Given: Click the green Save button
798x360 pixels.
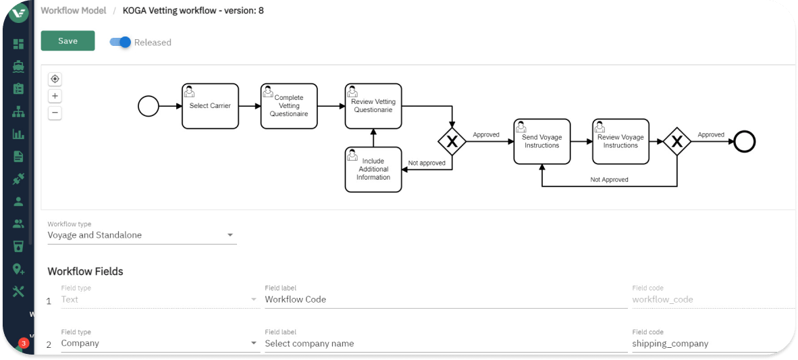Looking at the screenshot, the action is pos(68,41).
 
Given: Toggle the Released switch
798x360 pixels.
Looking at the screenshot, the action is pos(121,42).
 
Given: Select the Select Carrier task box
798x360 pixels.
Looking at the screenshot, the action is pos(210,106).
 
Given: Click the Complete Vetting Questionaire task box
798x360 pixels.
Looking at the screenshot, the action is pos(289,106).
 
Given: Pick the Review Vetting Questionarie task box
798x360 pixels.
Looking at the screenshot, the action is pos(373,106).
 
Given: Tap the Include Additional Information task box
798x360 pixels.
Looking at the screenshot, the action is pos(373,170).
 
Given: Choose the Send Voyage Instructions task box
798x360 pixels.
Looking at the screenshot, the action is pos(541,142).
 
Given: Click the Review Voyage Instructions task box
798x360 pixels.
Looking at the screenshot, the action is pos(620,142).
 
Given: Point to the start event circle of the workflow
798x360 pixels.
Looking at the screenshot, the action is pos(149,106).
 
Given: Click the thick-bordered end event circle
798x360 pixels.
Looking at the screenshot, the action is pos(745,142).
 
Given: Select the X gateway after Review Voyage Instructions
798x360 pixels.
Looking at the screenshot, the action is pos(676,142).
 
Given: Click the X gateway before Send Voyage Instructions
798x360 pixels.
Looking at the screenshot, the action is pos(452,142).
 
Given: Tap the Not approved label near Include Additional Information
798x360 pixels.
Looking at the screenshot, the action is pos(427,163).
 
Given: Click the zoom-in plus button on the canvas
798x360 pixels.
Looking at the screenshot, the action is pos(55,96).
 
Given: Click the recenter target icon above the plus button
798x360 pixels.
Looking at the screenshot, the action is pos(55,79).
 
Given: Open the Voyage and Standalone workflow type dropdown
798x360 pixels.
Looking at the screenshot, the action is pos(142,235).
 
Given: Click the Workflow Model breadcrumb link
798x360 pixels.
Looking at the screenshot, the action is pos(74,10).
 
